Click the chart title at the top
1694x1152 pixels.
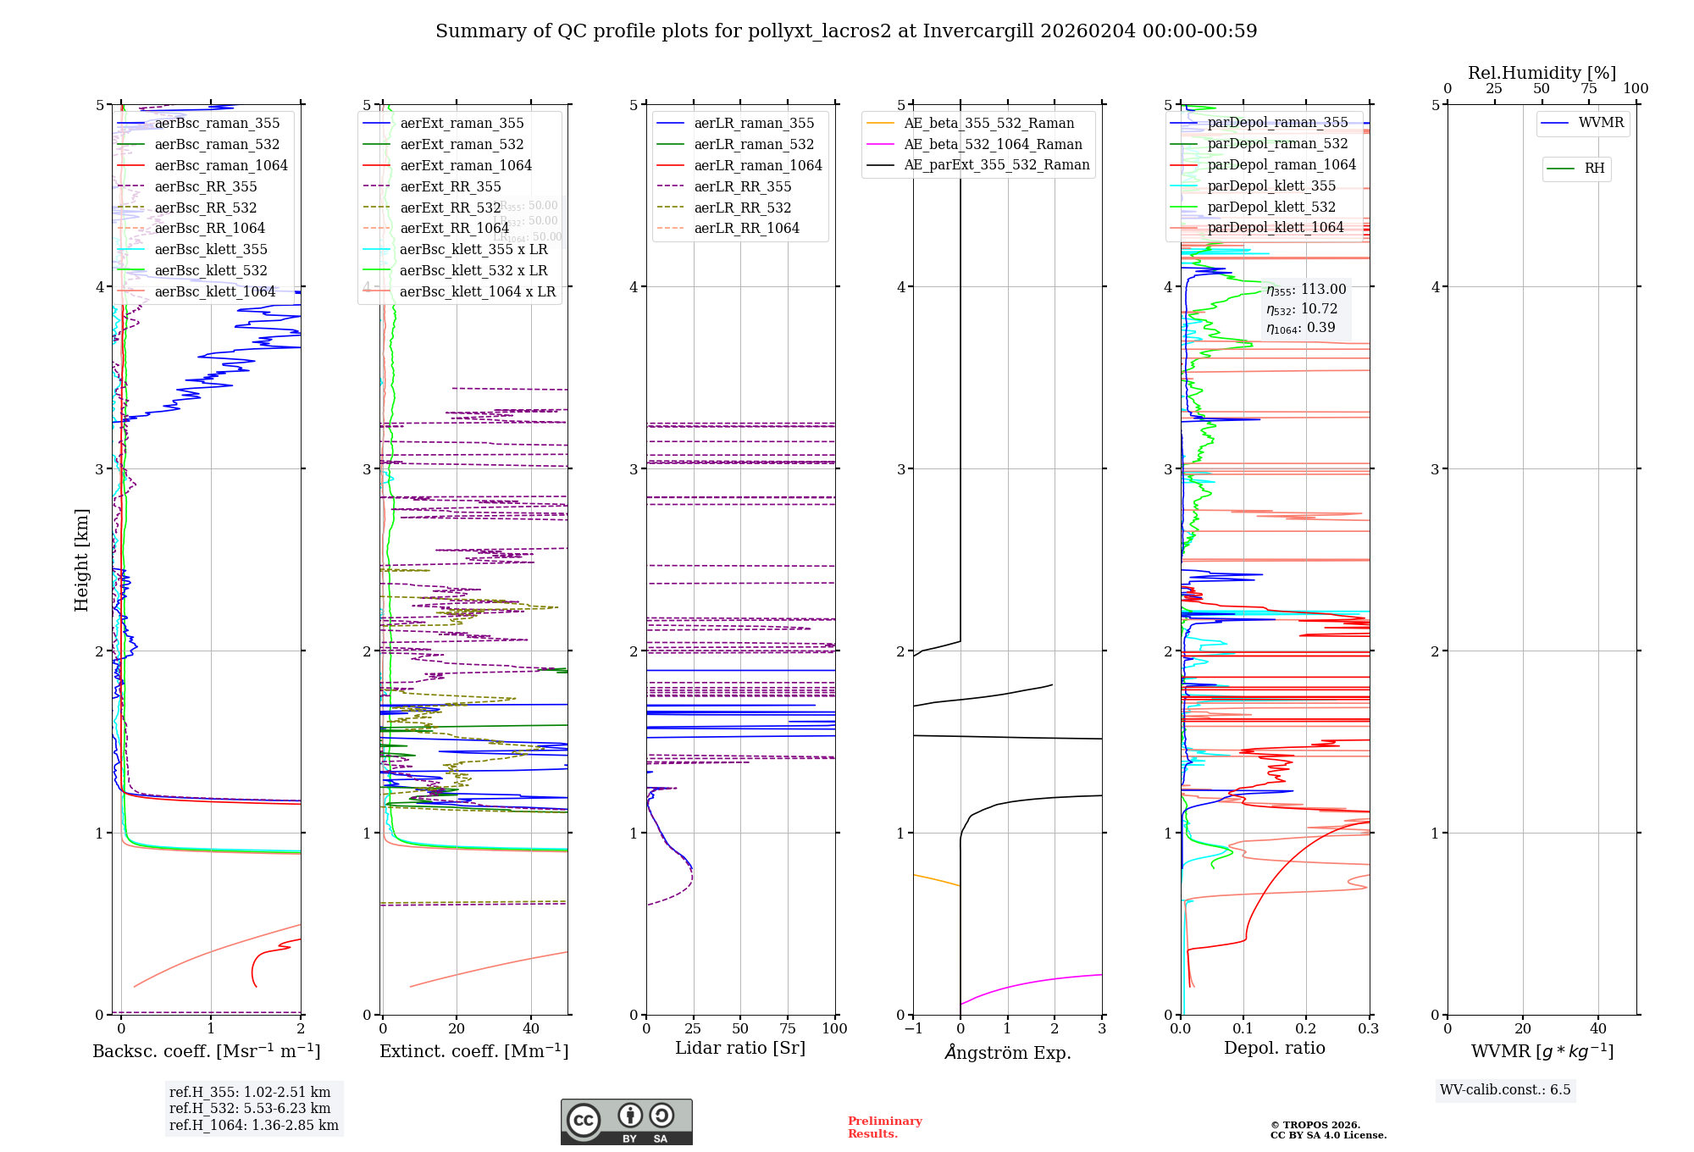846,31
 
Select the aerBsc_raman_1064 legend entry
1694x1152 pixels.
220,166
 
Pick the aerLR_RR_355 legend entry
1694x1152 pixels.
742,187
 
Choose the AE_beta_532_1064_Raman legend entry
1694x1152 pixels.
993,145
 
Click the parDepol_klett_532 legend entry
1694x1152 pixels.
1270,208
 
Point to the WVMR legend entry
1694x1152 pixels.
1601,124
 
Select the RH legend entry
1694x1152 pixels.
1594,169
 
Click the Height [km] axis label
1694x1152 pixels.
81,560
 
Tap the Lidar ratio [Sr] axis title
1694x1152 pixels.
740,1049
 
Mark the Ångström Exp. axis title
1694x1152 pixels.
1008,1053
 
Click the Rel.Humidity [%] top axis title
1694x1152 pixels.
1542,73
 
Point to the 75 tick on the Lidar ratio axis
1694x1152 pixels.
788,1029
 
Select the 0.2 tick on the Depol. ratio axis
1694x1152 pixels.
1306,1029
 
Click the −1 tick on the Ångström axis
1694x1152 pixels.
913,1029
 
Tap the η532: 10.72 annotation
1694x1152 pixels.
1302,309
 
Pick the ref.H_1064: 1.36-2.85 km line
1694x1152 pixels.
253,1126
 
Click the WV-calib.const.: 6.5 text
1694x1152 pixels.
1505,1090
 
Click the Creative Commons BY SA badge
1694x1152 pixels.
626,1122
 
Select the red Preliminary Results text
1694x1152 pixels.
884,1127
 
